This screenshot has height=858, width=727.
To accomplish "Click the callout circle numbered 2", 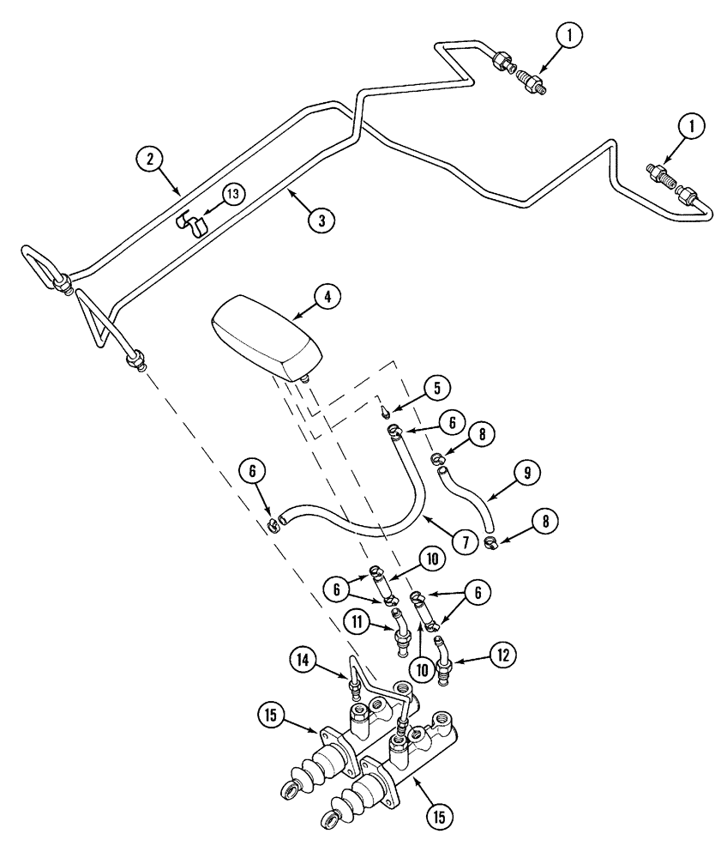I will click(x=149, y=159).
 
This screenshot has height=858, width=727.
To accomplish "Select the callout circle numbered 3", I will click(x=321, y=219).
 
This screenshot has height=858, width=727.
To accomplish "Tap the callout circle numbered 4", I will click(x=327, y=297).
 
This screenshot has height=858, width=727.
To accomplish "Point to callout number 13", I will click(x=232, y=194).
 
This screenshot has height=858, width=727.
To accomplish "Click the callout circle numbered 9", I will click(x=526, y=471).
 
